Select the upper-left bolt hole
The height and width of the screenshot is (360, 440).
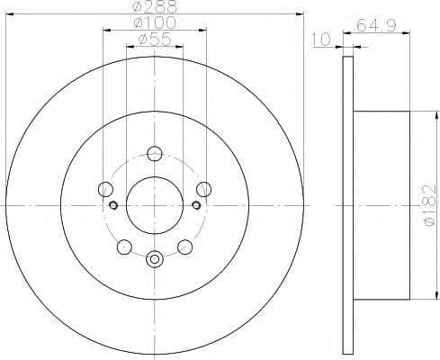[x=105, y=189]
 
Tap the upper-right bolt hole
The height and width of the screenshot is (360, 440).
[x=204, y=189]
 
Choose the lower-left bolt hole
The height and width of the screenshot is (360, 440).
[x=124, y=247]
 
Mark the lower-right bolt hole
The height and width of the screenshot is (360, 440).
[x=185, y=247]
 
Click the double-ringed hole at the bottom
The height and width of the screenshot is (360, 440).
[x=155, y=261]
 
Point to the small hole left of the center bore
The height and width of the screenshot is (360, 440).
[x=113, y=205]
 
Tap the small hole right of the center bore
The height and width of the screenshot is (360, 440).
[x=196, y=205]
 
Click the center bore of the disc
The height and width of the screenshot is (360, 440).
[x=155, y=205]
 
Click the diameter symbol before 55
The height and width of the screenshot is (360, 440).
[x=141, y=39]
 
